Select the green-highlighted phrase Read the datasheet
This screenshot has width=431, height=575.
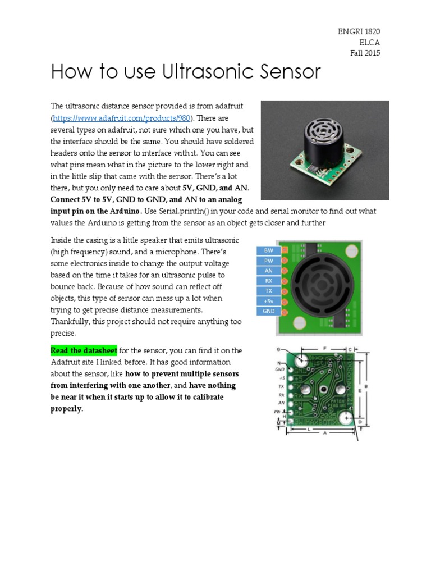pyautogui.click(x=84, y=350)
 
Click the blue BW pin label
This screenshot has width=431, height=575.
pyautogui.click(x=268, y=250)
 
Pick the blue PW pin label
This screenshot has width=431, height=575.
pyautogui.click(x=268, y=261)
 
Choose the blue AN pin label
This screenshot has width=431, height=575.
pyautogui.click(x=268, y=271)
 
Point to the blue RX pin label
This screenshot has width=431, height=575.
pyautogui.click(x=268, y=281)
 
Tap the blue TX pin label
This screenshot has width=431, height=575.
pyautogui.click(x=268, y=291)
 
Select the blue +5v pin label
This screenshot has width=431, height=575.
pyautogui.click(x=268, y=301)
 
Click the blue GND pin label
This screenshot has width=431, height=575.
pyautogui.click(x=268, y=311)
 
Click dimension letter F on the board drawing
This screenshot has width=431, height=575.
pyautogui.click(x=324, y=349)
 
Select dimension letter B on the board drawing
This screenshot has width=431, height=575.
pyautogui.click(x=366, y=386)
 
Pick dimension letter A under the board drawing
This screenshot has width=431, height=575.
pyautogui.click(x=324, y=433)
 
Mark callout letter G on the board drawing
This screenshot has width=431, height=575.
pyautogui.click(x=278, y=349)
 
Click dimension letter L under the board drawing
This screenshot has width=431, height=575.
pyautogui.click(x=309, y=429)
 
